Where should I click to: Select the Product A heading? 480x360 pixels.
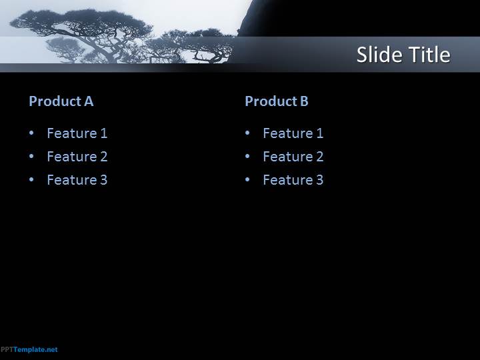pos(61,101)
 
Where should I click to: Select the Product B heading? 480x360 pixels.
pos(277,101)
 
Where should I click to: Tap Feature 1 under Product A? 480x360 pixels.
pos(77,133)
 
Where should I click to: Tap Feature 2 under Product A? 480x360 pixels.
pos(77,157)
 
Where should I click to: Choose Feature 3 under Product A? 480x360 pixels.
pos(77,180)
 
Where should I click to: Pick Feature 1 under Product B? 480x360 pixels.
pos(293,133)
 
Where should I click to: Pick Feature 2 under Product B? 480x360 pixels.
pos(293,157)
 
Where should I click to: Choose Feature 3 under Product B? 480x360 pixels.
pos(293,180)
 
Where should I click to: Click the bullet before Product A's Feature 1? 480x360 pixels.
pos(31,133)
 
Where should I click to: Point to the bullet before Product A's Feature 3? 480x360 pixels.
pos(31,179)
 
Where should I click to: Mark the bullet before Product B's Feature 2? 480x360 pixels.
pos(247,156)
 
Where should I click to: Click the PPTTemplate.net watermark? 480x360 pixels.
pos(29,349)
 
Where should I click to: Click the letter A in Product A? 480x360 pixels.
pos(89,101)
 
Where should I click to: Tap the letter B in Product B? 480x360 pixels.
pos(304,101)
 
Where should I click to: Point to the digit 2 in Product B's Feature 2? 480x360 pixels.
pos(319,157)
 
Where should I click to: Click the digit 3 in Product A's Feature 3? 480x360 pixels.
pos(104,180)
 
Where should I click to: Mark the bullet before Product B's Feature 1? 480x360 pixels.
pos(247,133)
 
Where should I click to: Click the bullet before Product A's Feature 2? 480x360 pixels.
pos(31,156)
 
